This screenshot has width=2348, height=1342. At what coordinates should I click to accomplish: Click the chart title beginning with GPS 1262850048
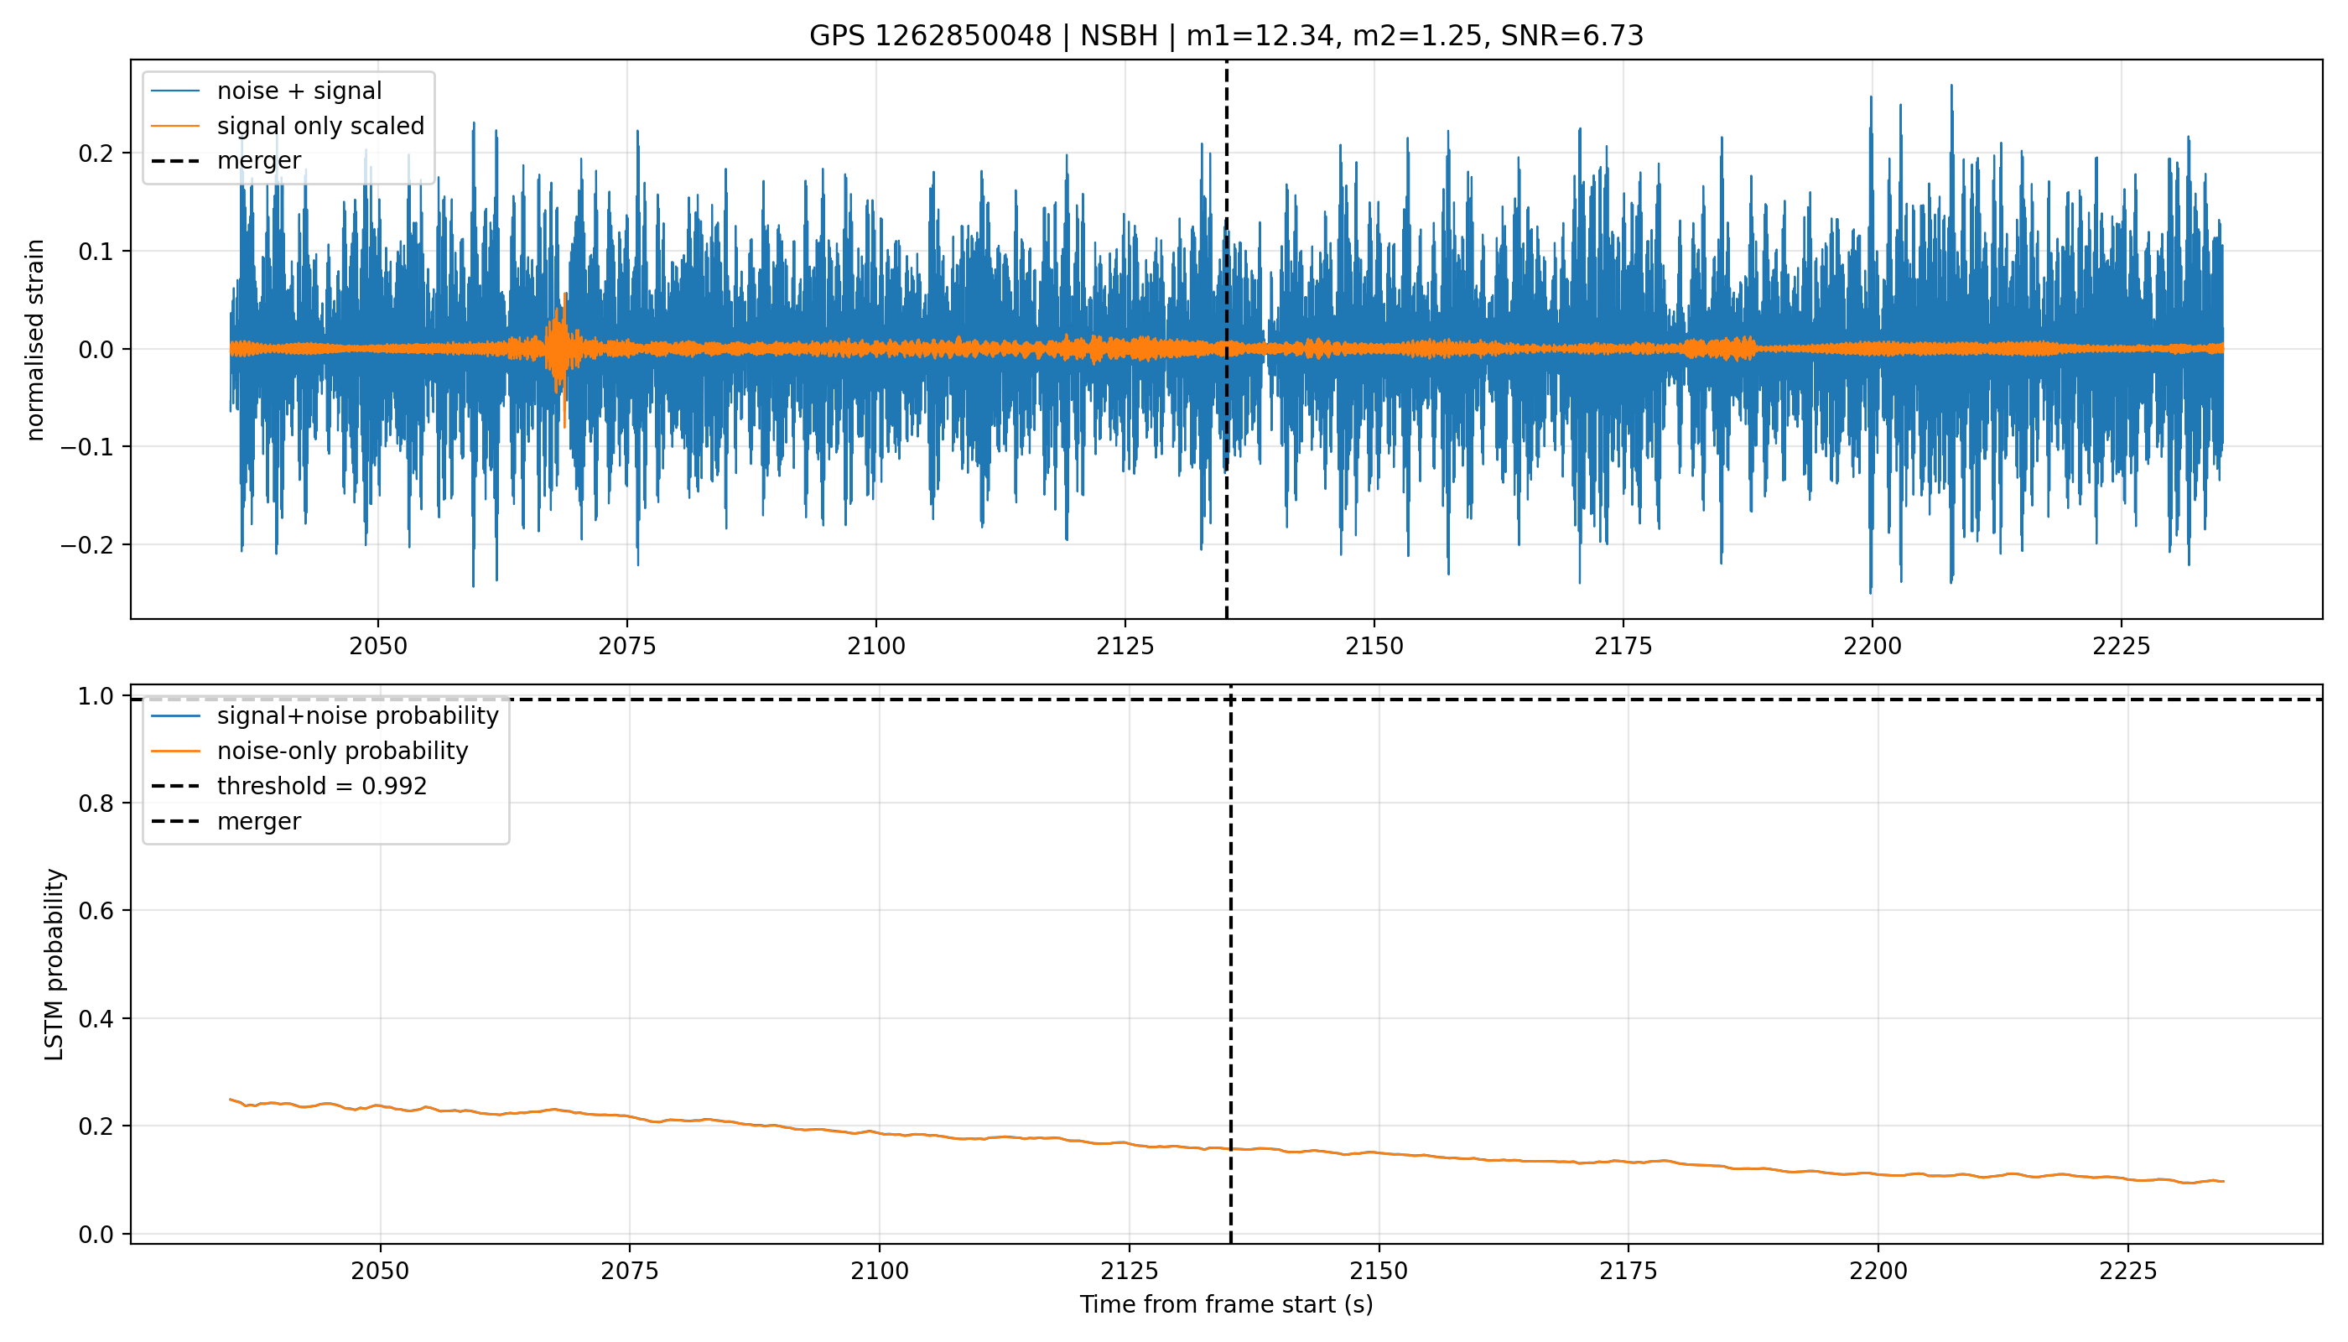(x=1226, y=36)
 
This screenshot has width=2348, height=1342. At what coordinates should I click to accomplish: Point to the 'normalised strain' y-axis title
(x=35, y=340)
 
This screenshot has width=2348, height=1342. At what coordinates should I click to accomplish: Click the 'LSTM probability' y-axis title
(x=55, y=964)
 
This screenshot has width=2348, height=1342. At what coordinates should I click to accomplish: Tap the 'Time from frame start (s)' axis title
(x=1226, y=1305)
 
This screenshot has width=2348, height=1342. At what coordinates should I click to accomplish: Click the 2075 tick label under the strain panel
(x=626, y=647)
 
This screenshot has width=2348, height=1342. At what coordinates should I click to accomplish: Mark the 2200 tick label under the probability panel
(x=1878, y=1272)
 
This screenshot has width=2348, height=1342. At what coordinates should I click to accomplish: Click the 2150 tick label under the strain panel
(x=1374, y=647)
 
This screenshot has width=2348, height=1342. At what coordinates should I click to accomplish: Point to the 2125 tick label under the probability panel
(x=1129, y=1272)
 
